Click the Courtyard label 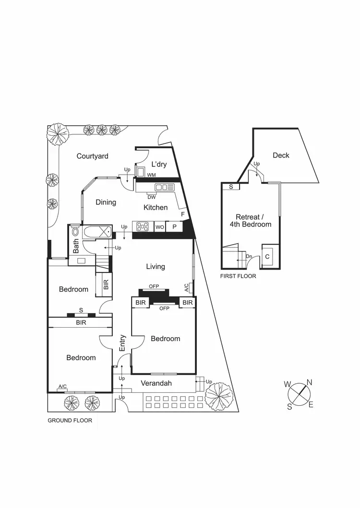click(x=93, y=156)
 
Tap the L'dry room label click(x=158, y=165)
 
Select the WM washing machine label click(x=151, y=175)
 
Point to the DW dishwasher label click(x=151, y=197)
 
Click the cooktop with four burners click(x=143, y=226)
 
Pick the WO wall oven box click(x=159, y=226)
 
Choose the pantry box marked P click(x=174, y=226)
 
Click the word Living click(x=156, y=266)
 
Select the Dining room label click(x=106, y=202)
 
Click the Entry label click(x=122, y=343)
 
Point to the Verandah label click(x=156, y=383)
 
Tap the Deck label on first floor click(x=281, y=155)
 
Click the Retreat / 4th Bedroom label click(x=253, y=220)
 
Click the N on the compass click(x=310, y=382)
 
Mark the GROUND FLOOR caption click(x=70, y=420)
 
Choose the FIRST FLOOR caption click(x=238, y=276)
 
